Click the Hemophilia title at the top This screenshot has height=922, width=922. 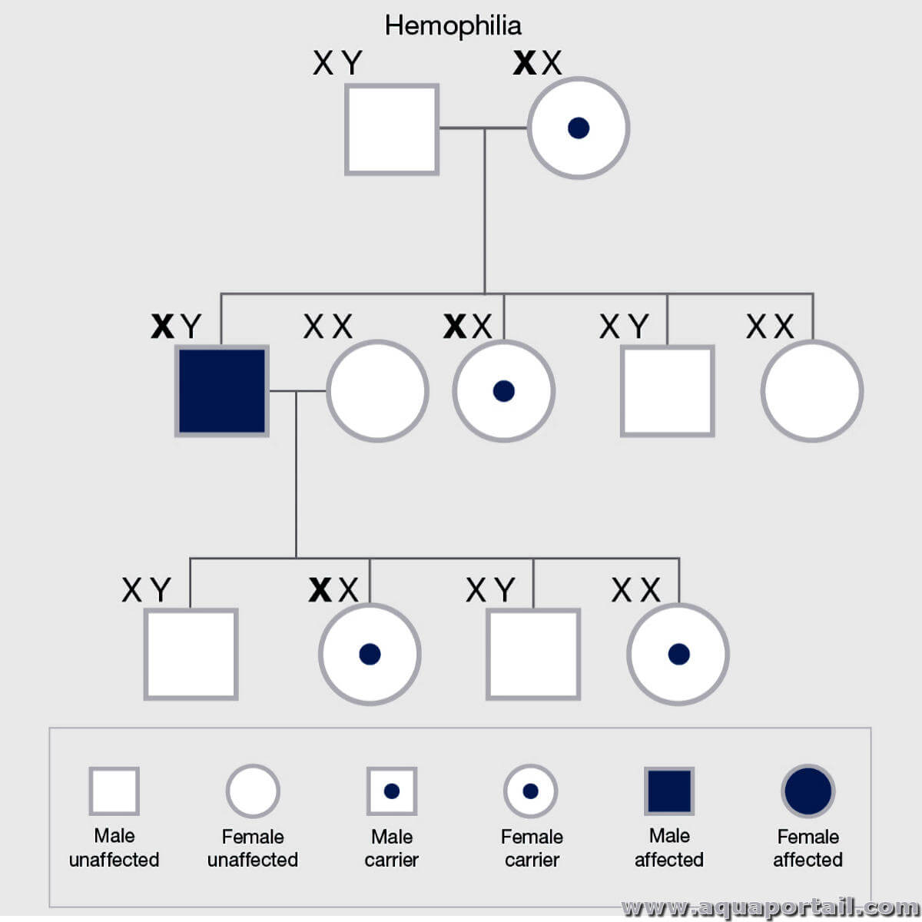[x=453, y=26]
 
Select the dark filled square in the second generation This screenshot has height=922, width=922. [x=222, y=391]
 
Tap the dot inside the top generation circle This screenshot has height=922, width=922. [x=579, y=128]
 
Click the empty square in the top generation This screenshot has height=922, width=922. [x=392, y=130]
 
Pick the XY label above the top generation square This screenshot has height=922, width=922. [x=338, y=63]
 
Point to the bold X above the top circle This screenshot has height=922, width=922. [x=525, y=63]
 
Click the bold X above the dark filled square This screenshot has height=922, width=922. [x=163, y=327]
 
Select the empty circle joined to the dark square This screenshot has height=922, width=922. [x=377, y=391]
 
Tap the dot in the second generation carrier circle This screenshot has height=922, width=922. [x=504, y=391]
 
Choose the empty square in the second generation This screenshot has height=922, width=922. [x=668, y=391]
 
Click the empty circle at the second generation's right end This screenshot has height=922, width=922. [x=812, y=391]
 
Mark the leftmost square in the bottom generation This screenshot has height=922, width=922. [x=191, y=654]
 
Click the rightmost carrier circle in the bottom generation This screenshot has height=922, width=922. [x=678, y=654]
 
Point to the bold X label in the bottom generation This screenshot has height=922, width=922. [x=320, y=589]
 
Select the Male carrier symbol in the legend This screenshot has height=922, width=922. [x=392, y=791]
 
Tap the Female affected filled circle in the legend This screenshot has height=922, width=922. [x=808, y=791]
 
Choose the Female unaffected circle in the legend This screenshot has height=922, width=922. [x=253, y=791]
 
